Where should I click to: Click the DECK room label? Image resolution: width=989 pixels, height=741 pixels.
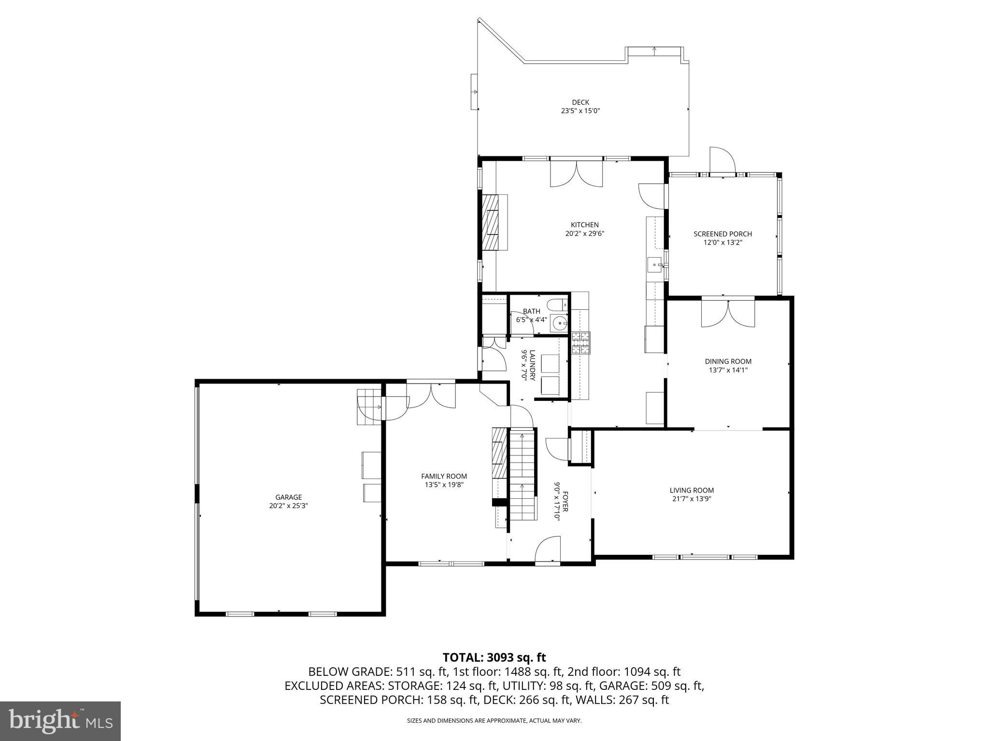coord(580,102)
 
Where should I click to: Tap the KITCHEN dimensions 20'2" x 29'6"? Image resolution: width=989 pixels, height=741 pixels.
coord(585,233)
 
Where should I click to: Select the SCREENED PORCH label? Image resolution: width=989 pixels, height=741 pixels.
coord(722,234)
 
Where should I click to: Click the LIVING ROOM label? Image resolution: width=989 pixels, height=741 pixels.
coord(692,491)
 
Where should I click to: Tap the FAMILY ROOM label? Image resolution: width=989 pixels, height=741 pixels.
coord(444,476)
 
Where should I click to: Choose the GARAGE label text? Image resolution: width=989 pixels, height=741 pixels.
coord(288,497)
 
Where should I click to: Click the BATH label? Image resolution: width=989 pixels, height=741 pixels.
coord(531,311)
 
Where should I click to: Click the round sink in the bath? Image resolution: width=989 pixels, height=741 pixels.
coord(559,323)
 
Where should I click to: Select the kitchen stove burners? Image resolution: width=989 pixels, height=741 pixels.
coord(581,343)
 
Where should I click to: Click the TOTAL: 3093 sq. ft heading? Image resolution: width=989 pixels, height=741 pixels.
coord(494,657)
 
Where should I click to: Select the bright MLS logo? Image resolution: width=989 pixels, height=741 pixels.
coord(60,721)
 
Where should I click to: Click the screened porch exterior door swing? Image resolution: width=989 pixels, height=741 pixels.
coord(721,160)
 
